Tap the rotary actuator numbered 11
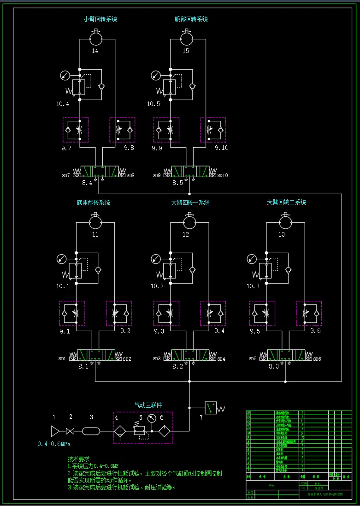pos(95,222)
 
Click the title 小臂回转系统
pos(100,19)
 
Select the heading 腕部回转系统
pos(191,19)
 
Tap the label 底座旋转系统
pos(94,202)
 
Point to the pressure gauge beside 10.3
pos(252,259)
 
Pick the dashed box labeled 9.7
pos(76,130)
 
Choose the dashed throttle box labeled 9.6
pos(309,313)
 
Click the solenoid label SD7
pos(65,176)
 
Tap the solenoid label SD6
pos(317,359)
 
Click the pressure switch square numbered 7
pos(211,408)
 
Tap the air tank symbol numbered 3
pos(91,431)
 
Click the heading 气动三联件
pos(148,405)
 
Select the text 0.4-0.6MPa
pos(54,444)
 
